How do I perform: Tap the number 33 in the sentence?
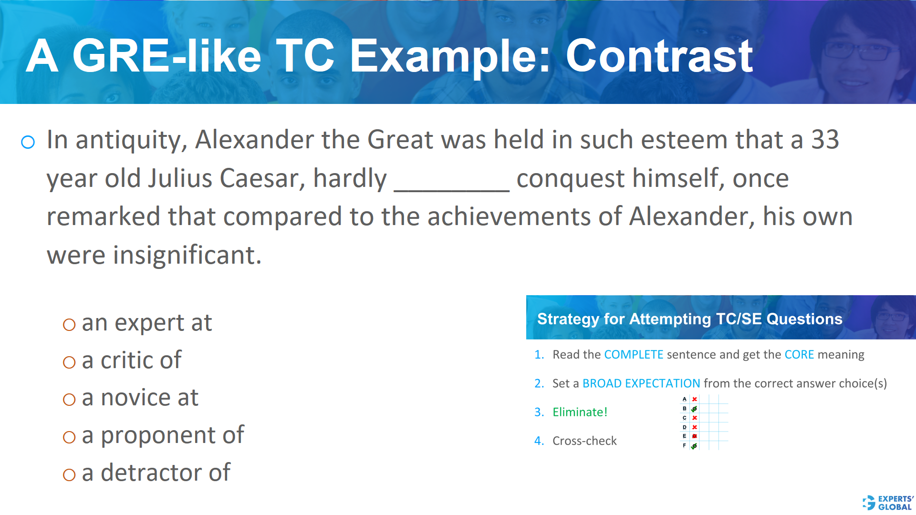[x=825, y=140]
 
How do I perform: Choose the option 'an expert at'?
[x=146, y=323]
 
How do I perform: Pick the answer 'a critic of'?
[x=131, y=360]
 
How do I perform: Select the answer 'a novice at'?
[x=140, y=398]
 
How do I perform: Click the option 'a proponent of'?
[x=163, y=435]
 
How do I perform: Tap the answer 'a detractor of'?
[x=156, y=473]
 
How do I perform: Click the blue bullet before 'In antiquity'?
[x=28, y=142]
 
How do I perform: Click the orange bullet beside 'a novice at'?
[x=69, y=400]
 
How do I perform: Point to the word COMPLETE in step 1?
[x=634, y=355]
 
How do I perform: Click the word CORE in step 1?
[x=799, y=355]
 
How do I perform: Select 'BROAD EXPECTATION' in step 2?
[x=641, y=383]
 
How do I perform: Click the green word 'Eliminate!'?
[x=580, y=412]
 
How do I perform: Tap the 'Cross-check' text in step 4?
[x=584, y=441]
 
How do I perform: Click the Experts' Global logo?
[x=888, y=503]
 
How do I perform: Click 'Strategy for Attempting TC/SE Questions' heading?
[x=689, y=319]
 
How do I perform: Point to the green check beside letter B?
[x=694, y=409]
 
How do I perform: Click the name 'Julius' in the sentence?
[x=180, y=178]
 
